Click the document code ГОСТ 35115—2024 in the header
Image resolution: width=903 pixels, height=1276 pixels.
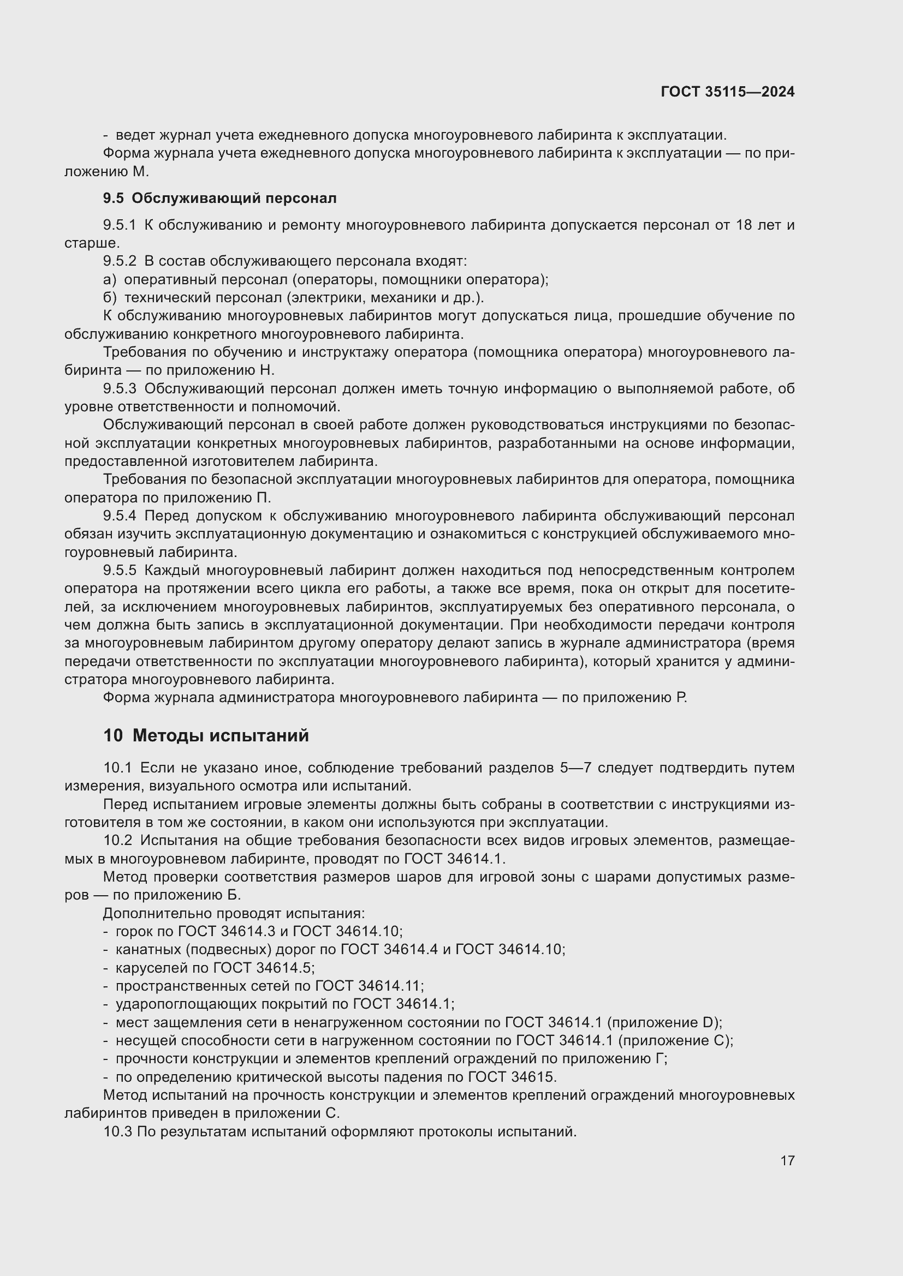pyautogui.click(x=727, y=92)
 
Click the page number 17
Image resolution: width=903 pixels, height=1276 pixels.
pyautogui.click(x=787, y=1160)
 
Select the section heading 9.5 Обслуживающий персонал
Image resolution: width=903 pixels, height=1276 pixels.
pyautogui.click(x=219, y=199)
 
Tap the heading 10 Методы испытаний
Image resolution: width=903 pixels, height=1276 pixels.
pyautogui.click(x=206, y=736)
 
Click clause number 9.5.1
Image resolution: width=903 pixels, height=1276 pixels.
pyautogui.click(x=120, y=225)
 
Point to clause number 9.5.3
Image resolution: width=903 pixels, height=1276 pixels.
pyautogui.click(x=120, y=389)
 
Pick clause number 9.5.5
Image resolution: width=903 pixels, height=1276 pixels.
pyautogui.click(x=120, y=571)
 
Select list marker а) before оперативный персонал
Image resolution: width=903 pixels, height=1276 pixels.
pyautogui.click(x=110, y=279)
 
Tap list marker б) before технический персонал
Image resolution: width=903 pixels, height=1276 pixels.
pyautogui.click(x=110, y=298)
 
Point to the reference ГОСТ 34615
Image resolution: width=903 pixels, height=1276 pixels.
pyautogui.click(x=512, y=1077)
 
